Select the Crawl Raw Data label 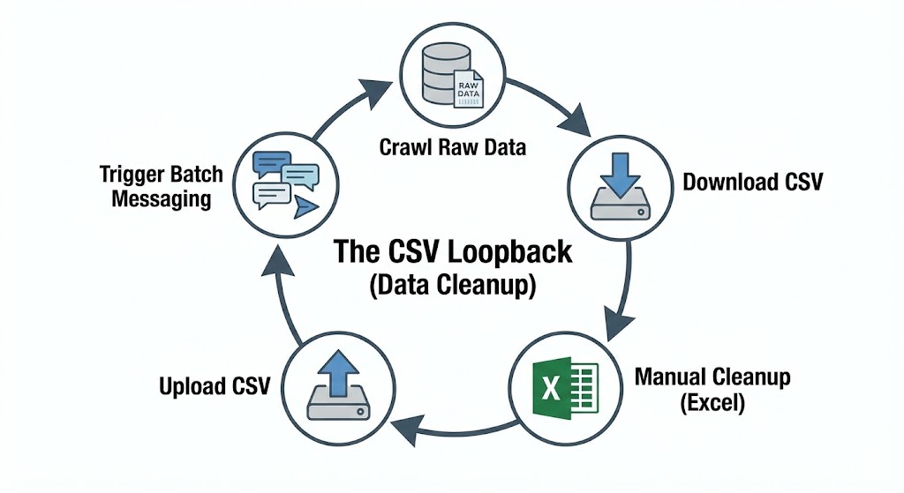(452, 146)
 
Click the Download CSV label (753, 183)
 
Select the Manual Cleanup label (712, 378)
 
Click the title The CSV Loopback (452, 252)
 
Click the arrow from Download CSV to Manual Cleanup (626, 291)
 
